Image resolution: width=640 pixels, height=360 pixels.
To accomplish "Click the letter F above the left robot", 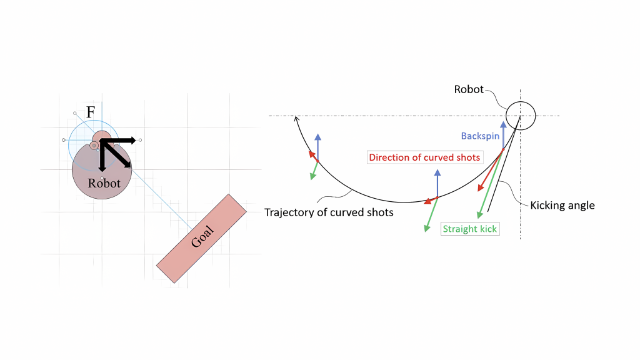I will (91, 112).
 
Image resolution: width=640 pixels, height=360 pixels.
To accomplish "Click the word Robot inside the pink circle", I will (104, 183).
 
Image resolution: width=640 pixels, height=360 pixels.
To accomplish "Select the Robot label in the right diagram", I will (469, 89).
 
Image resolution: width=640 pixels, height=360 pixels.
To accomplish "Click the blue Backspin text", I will (480, 136).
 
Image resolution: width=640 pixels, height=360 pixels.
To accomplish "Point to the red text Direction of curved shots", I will (424, 157).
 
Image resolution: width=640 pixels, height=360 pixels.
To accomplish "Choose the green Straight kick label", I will (469, 229).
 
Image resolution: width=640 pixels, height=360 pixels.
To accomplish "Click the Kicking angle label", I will (562, 205).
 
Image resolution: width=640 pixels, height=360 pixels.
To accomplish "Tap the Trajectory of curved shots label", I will (329, 212).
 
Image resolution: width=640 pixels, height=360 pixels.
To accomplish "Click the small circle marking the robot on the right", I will (520, 116).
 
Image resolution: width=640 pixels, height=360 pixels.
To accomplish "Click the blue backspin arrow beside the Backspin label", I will (503, 134).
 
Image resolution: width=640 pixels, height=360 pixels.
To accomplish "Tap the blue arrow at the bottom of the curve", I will (437, 184).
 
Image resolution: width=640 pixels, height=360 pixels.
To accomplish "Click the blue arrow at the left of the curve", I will (318, 147).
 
